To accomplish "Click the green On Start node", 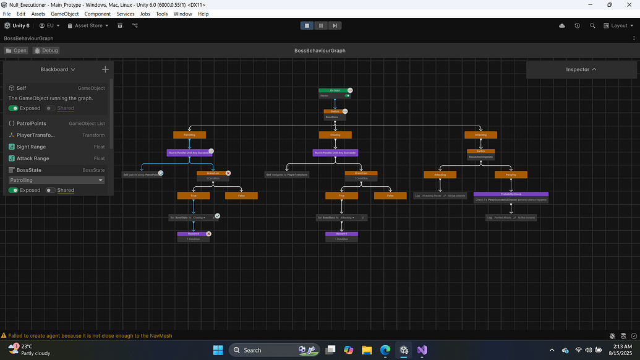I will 335,90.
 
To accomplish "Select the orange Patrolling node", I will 189,135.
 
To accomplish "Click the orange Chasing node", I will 335,135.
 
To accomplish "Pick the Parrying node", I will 511,174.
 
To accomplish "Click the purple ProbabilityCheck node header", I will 510,194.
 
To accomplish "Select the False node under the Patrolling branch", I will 241,195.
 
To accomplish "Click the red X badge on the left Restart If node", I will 209,234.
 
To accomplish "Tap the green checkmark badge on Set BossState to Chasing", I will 217,216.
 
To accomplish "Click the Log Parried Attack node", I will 511,218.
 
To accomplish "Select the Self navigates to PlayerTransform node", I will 288,174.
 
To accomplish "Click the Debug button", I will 46,51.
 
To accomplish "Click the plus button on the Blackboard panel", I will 105,69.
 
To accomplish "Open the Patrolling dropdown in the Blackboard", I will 56,180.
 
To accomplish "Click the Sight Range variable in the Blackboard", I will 31,147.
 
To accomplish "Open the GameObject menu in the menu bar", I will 64,14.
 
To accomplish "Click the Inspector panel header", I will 581,69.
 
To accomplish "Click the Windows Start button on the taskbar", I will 218,350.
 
